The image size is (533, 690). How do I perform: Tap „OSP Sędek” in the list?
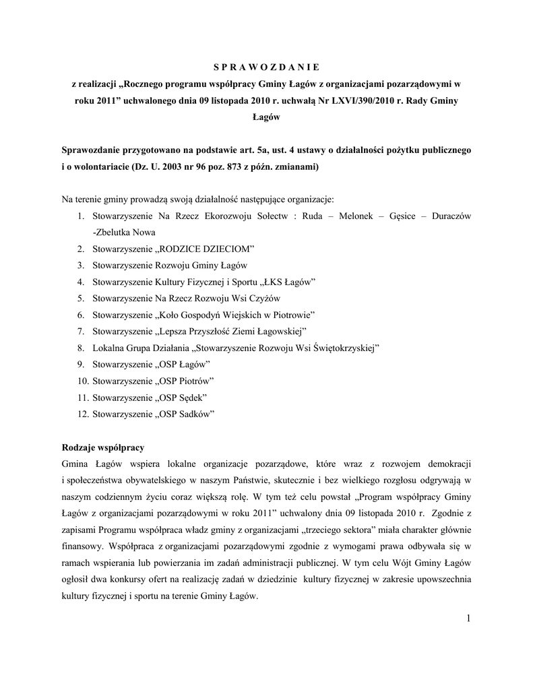pyautogui.click(x=181, y=397)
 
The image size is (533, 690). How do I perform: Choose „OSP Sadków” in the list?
pyautogui.click(x=185, y=414)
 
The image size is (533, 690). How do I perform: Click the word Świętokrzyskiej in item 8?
pyautogui.click(x=344, y=348)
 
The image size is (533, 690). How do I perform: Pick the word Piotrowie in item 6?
pyautogui.click(x=292, y=315)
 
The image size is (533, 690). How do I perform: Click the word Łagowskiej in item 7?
pyautogui.click(x=278, y=331)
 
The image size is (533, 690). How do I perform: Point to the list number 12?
pyautogui.click(x=83, y=414)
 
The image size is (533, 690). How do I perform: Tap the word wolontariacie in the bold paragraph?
pyautogui.click(x=100, y=166)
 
